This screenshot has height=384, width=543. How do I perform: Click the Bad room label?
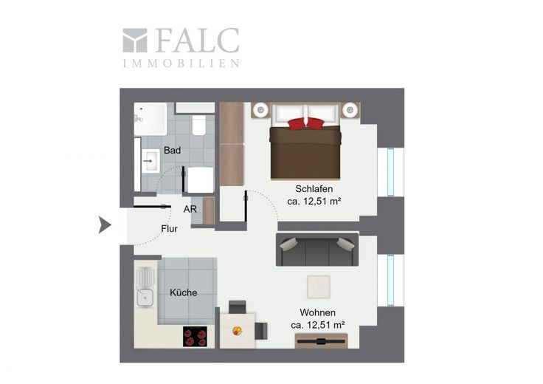click(172, 151)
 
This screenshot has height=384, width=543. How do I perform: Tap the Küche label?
click(184, 292)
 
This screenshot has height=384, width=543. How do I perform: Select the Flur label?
click(170, 229)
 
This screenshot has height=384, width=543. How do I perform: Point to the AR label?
click(190, 209)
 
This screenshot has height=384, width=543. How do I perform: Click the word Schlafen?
click(314, 189)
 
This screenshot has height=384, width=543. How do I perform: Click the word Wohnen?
click(317, 312)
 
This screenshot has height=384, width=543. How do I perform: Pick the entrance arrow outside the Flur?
click(105, 225)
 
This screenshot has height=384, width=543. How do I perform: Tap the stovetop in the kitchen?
click(196, 336)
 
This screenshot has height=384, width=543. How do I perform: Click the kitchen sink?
click(145, 298)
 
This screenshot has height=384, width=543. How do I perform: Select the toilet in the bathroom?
click(198, 125)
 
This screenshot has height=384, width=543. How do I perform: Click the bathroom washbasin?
click(151, 161)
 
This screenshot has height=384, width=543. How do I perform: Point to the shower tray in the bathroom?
click(151, 119)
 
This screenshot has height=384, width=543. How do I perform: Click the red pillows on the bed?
click(305, 123)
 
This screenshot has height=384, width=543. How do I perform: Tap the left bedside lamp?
click(260, 110)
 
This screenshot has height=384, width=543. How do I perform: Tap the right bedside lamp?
click(350, 110)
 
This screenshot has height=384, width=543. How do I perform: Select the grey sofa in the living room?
click(317, 250)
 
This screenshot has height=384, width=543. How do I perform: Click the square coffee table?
click(319, 287)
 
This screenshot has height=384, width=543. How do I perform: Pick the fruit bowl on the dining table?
click(238, 331)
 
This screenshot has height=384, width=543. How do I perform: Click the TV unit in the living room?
click(322, 341)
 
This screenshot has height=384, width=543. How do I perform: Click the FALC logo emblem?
click(135, 40)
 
